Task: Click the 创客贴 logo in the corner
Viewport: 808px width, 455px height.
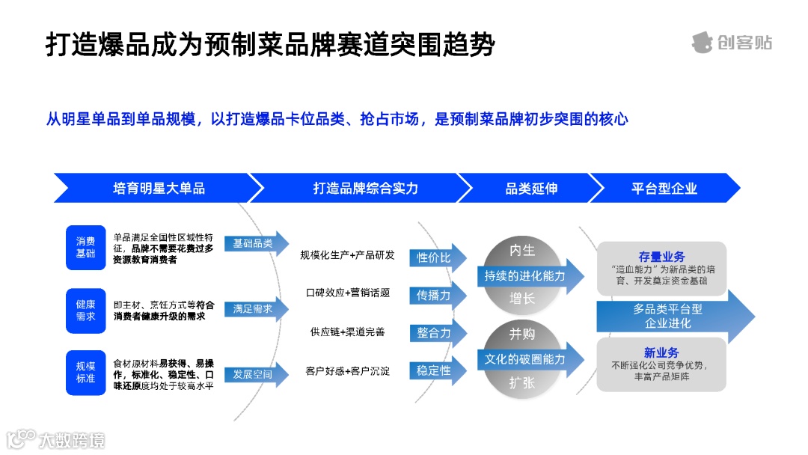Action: (x=731, y=43)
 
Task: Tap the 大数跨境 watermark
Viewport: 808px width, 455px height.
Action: (x=56, y=439)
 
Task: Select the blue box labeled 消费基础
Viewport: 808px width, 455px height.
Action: (x=85, y=248)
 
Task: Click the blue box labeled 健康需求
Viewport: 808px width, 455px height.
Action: (x=85, y=310)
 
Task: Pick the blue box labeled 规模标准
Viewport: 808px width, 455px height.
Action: (x=85, y=373)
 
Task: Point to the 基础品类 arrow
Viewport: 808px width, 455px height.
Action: (x=255, y=244)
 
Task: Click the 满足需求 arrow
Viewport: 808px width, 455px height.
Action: (x=255, y=308)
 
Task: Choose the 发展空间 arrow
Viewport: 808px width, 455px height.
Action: (x=255, y=373)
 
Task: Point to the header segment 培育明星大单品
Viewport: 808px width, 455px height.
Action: (x=159, y=189)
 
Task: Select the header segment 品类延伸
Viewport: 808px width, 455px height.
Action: (x=530, y=189)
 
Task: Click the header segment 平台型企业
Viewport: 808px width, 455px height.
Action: (x=664, y=189)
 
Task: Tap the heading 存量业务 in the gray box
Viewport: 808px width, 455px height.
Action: (x=661, y=257)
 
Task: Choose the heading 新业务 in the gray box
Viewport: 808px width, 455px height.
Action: (x=661, y=352)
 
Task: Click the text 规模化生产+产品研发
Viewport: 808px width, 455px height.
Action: (x=347, y=255)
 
